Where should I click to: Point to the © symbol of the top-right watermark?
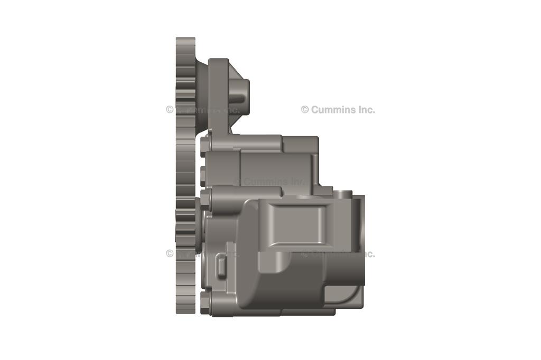click(305, 110)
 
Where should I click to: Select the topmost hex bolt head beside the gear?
click(204, 145)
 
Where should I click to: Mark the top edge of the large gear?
click(185, 39)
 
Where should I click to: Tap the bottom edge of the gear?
click(185, 313)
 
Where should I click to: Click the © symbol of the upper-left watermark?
click(170, 110)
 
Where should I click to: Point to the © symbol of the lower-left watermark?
click(170, 253)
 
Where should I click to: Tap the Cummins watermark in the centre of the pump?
click(269, 182)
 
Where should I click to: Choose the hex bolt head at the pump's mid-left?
click(205, 198)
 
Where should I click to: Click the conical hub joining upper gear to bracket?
click(201, 95)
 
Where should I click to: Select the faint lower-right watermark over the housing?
click(338, 253)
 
